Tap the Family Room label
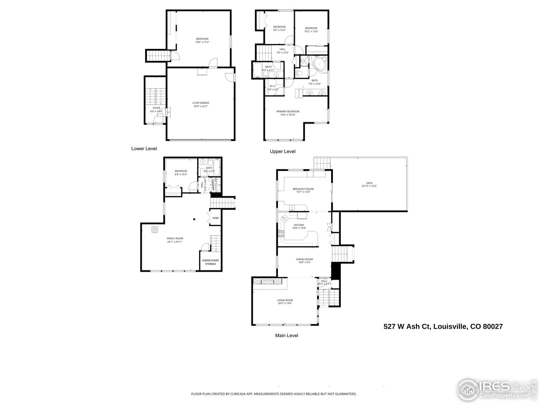coord(174,240)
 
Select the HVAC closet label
coord(216,218)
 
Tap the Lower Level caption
coord(144,148)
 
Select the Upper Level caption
coord(283,151)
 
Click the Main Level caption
coord(286,335)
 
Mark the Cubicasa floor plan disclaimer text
coord(274,394)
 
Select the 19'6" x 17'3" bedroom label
coord(202,40)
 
